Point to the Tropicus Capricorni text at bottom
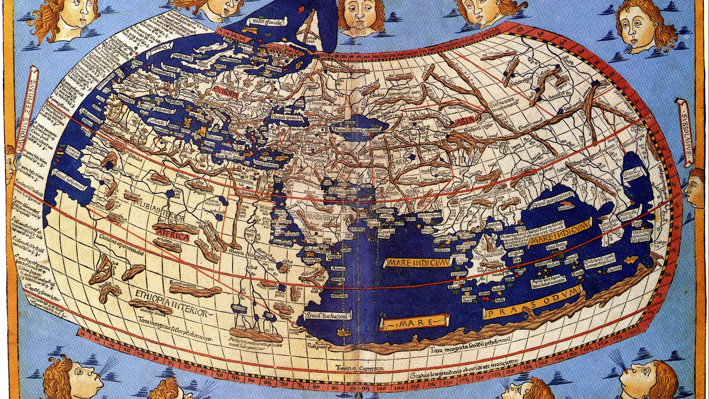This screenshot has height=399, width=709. click(360, 368)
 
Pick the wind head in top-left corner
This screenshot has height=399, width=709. click(68, 18)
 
